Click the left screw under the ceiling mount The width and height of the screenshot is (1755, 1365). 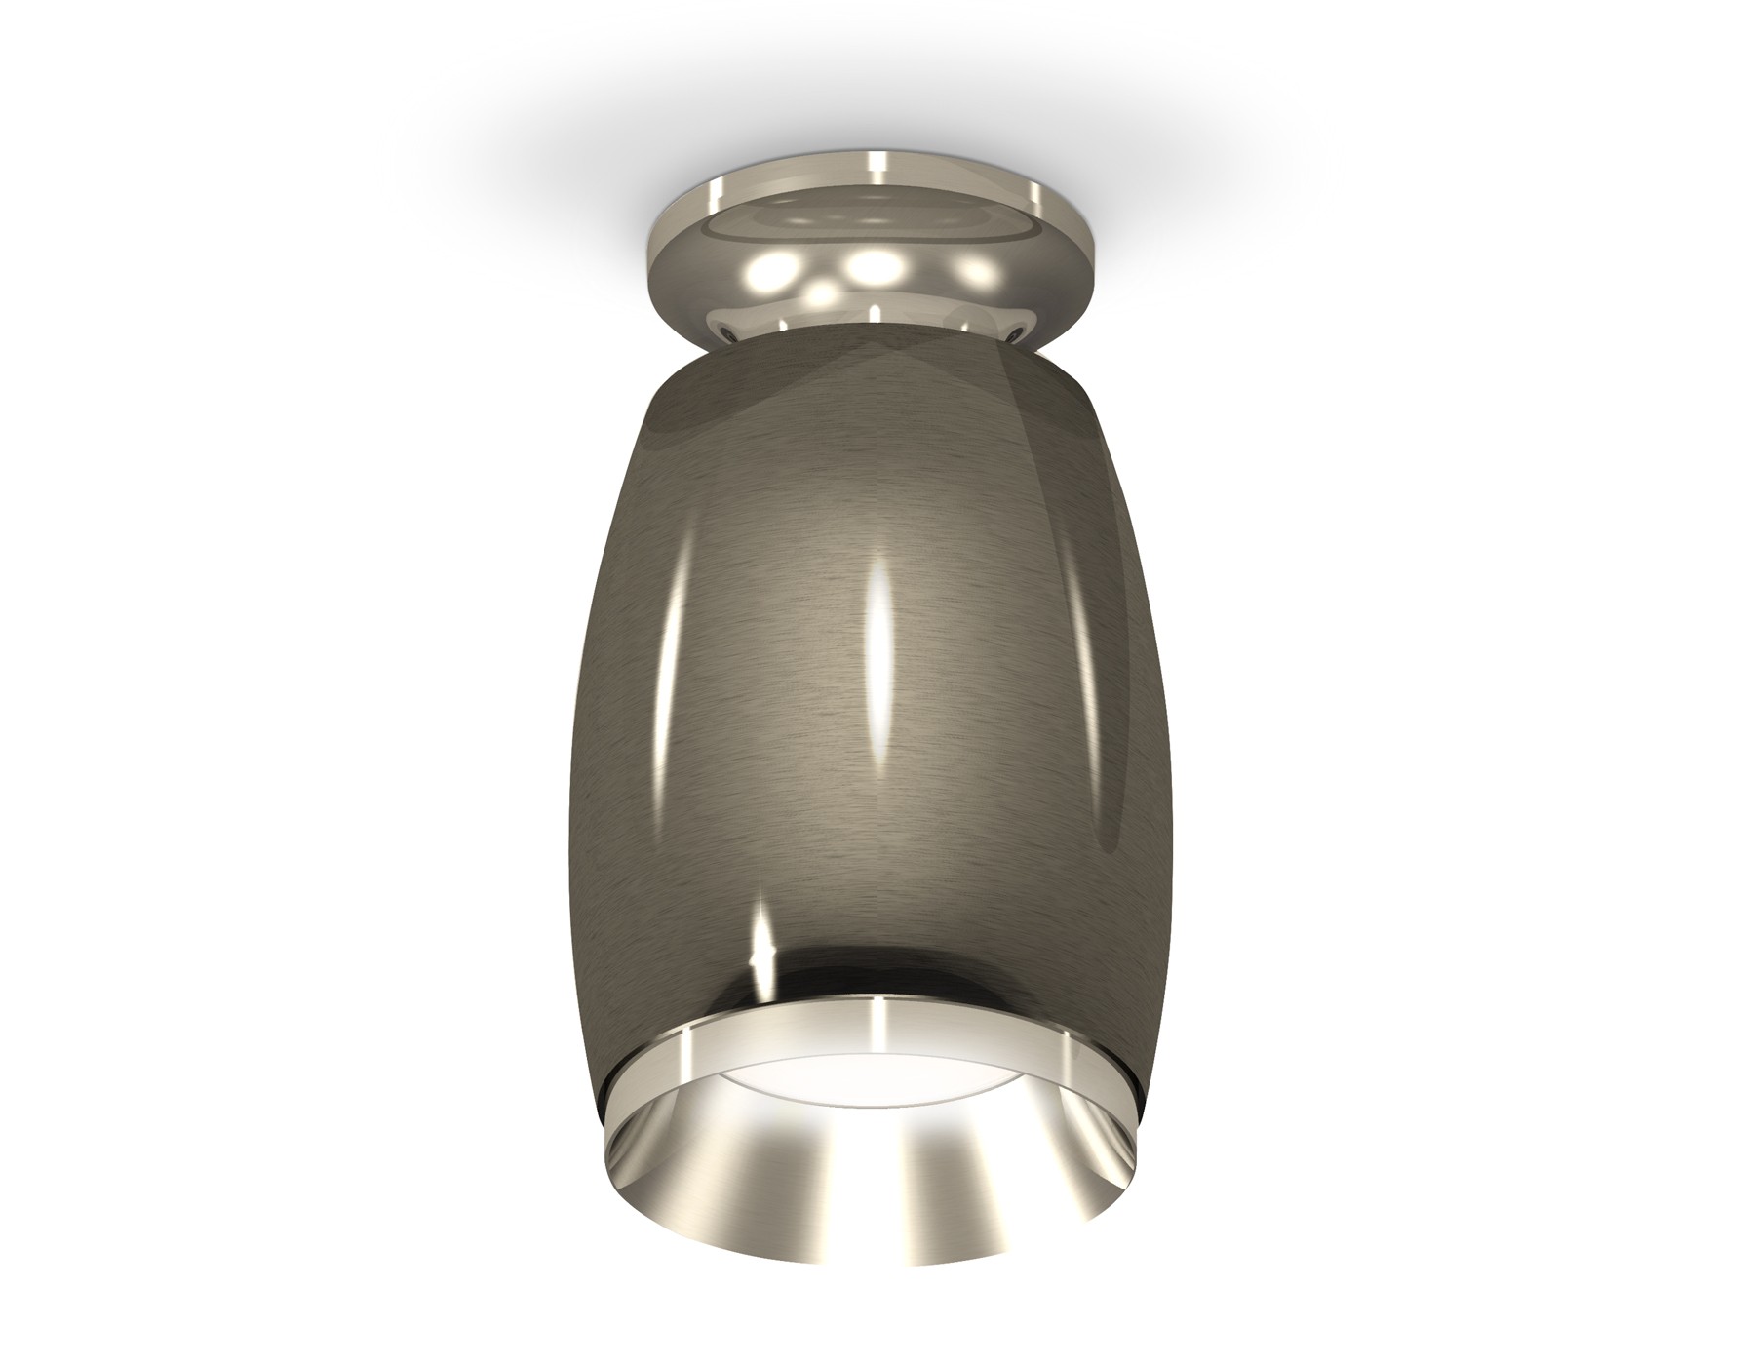click(729, 333)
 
